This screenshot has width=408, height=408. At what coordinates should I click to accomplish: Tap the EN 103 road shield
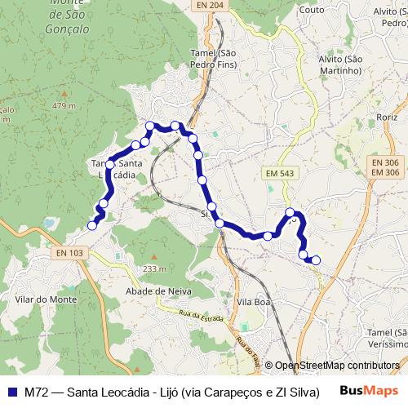click(70, 253)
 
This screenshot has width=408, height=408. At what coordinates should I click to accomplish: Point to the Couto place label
click(312, 10)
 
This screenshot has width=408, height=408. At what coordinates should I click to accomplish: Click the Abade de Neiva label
click(157, 290)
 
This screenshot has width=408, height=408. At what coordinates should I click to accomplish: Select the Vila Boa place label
click(252, 302)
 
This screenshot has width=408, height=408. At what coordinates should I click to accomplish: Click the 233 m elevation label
click(153, 269)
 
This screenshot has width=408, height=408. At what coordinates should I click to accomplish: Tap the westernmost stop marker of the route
click(92, 225)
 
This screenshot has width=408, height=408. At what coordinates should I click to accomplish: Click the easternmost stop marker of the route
click(316, 260)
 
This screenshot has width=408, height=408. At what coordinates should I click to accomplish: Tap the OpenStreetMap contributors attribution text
click(337, 366)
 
